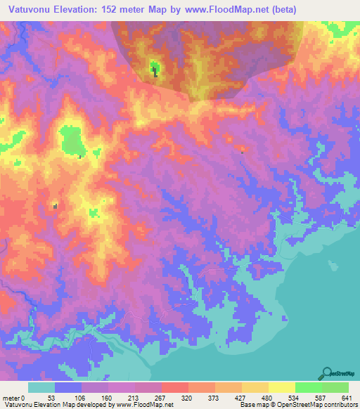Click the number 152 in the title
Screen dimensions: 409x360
click(110, 9)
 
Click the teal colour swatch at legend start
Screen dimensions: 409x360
click(41, 387)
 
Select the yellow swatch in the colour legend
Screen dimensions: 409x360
click(281, 387)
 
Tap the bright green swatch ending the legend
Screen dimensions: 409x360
click(335, 387)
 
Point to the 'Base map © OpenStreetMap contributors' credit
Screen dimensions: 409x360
click(296, 405)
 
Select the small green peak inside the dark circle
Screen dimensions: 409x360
click(154, 68)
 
